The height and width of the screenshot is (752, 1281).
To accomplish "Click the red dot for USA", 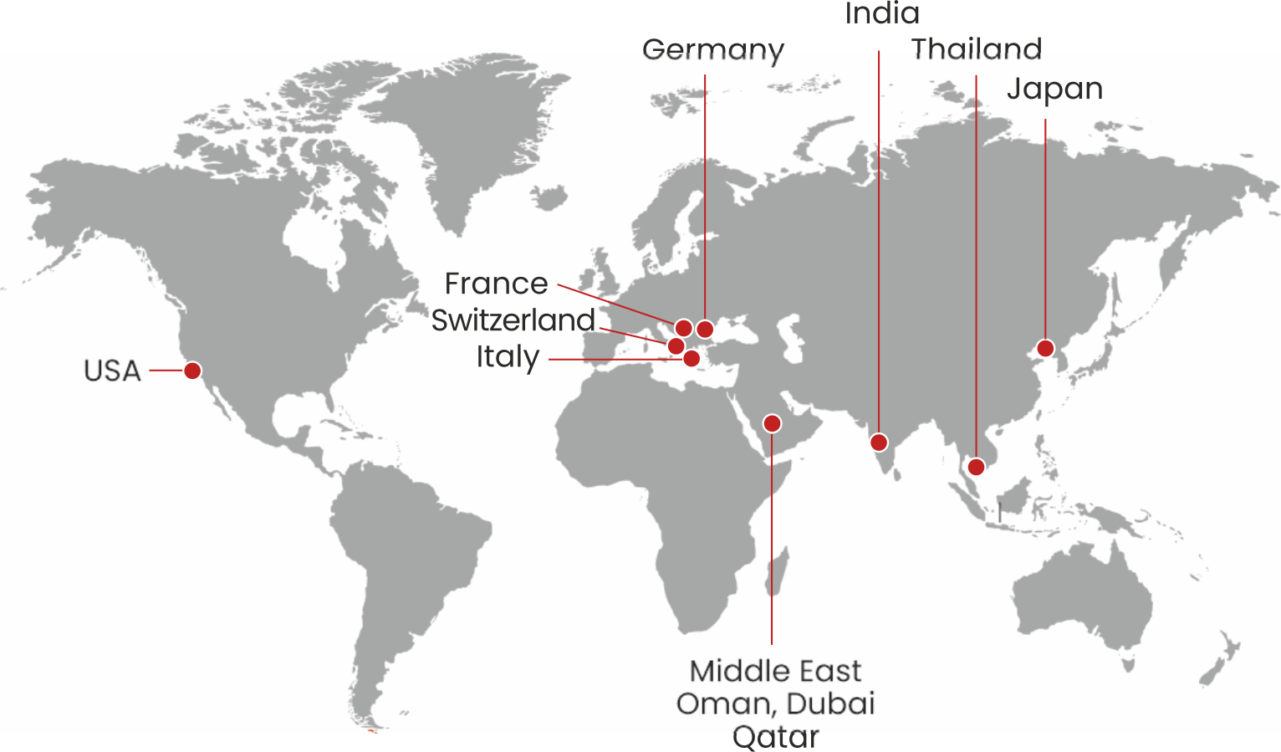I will coord(192,371).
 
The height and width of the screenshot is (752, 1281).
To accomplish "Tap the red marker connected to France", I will coord(683,328).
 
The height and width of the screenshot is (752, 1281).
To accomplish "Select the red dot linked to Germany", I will coord(705,329).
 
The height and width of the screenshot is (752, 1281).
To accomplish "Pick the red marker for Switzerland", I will coord(676,346).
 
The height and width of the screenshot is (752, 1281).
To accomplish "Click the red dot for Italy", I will coord(692,359).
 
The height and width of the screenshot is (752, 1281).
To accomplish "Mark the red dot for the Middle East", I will coord(773,423).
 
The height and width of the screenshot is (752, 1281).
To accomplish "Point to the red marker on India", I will coord(879,442).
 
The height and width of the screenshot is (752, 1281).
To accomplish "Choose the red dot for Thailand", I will coord(976,467).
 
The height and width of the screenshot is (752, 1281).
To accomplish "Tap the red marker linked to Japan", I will coord(1045,348).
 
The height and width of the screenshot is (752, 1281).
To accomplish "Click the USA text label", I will coord(112,371).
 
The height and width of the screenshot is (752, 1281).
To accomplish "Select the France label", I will coord(496,284).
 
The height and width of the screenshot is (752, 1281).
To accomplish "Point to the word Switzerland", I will coord(513,320).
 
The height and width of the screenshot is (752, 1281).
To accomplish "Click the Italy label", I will coord(508,357).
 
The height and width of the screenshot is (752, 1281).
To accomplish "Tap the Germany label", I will coord(713,50).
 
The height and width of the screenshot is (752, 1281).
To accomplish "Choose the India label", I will coord(882,13).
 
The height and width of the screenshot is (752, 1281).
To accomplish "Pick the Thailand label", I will coord(976,49).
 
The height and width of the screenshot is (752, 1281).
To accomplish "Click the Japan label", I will coord(1054,89).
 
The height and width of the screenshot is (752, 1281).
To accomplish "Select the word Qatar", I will coord(775,737).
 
